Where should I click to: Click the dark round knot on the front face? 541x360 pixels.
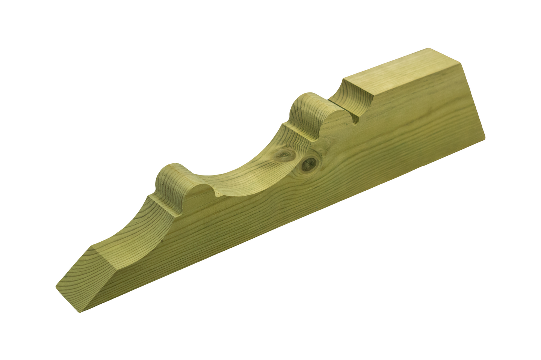[x=309, y=163]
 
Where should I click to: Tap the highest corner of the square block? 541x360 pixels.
[x=428, y=48]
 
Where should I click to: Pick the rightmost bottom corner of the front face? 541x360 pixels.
[x=485, y=137]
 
